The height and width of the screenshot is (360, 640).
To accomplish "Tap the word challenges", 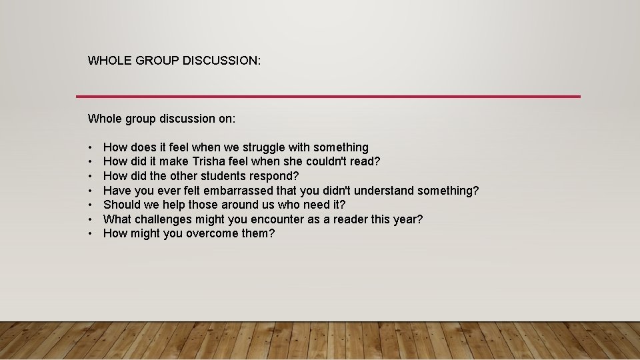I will pyautogui.click(x=166, y=219).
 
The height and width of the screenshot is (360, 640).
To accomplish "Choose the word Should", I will pyautogui.click(x=121, y=205).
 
